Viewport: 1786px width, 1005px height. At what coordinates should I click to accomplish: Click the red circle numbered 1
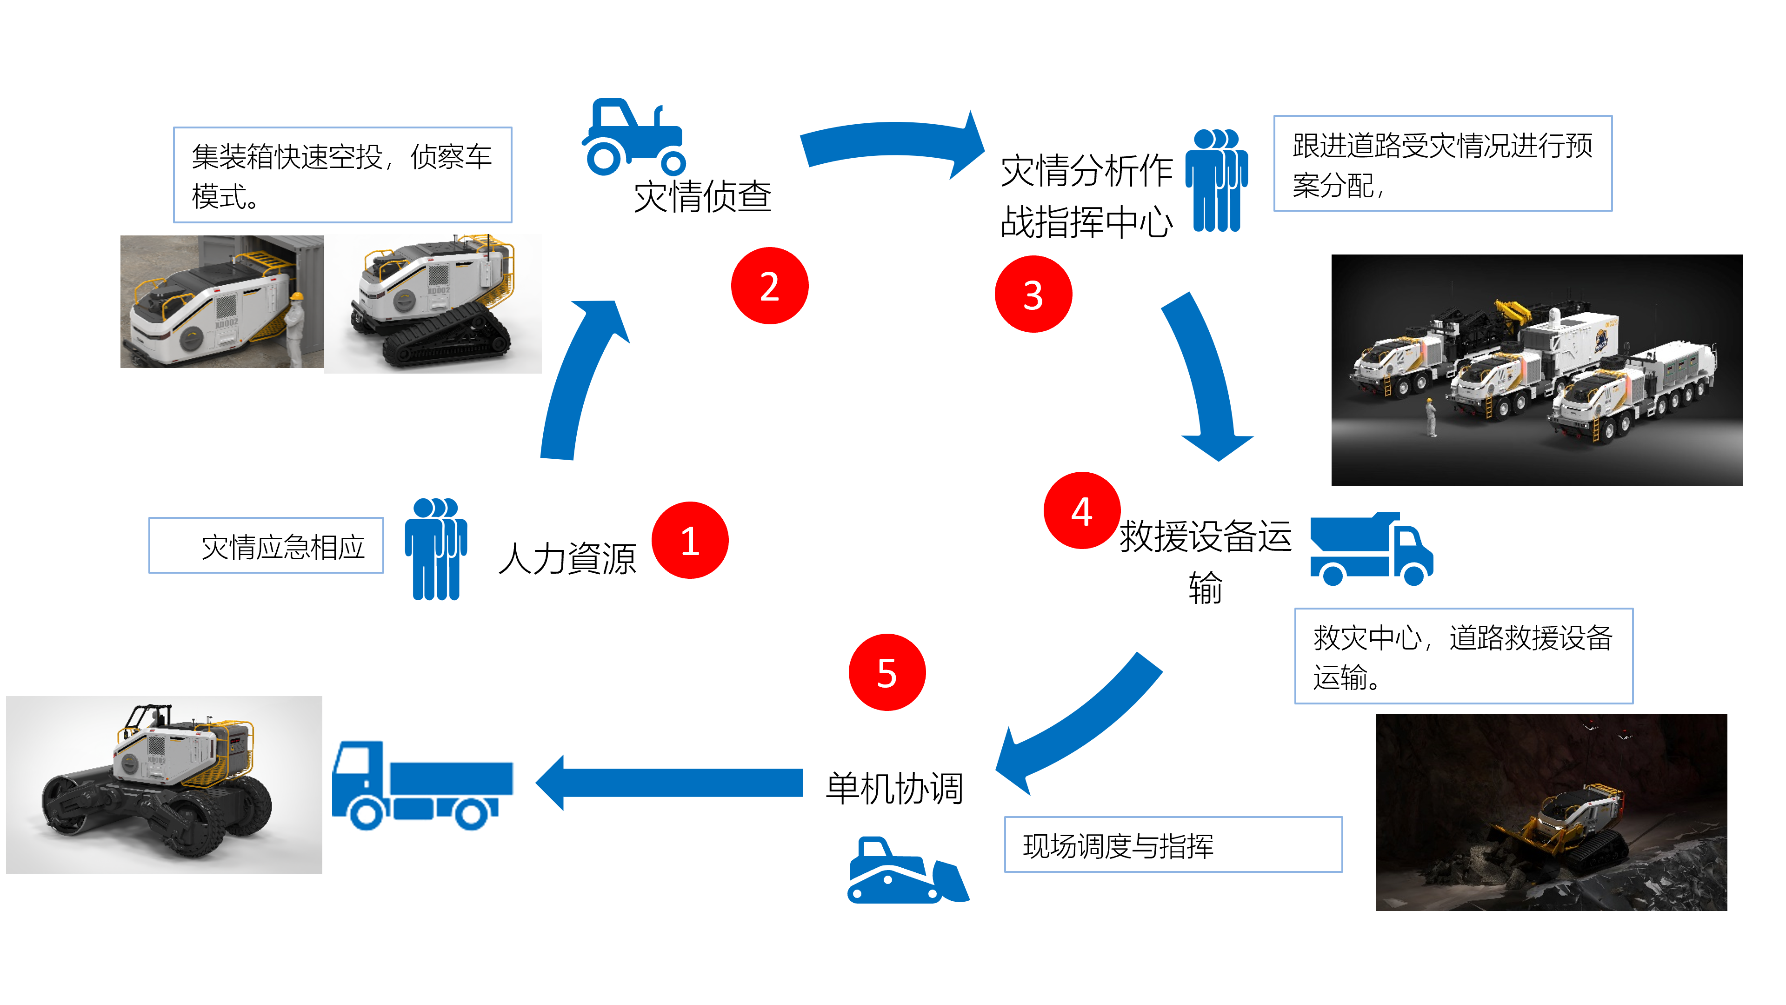[x=689, y=540]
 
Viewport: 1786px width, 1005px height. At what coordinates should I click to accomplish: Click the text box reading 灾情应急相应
[x=266, y=546]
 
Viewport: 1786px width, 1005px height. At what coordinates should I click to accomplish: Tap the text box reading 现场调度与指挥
[x=1173, y=845]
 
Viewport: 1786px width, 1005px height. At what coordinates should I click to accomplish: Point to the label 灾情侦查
[x=702, y=196]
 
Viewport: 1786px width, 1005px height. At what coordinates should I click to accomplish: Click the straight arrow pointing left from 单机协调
[x=669, y=783]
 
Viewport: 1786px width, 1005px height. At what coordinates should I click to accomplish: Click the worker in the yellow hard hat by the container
[x=295, y=328]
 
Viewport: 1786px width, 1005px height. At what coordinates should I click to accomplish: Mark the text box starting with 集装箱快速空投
[x=342, y=175]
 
